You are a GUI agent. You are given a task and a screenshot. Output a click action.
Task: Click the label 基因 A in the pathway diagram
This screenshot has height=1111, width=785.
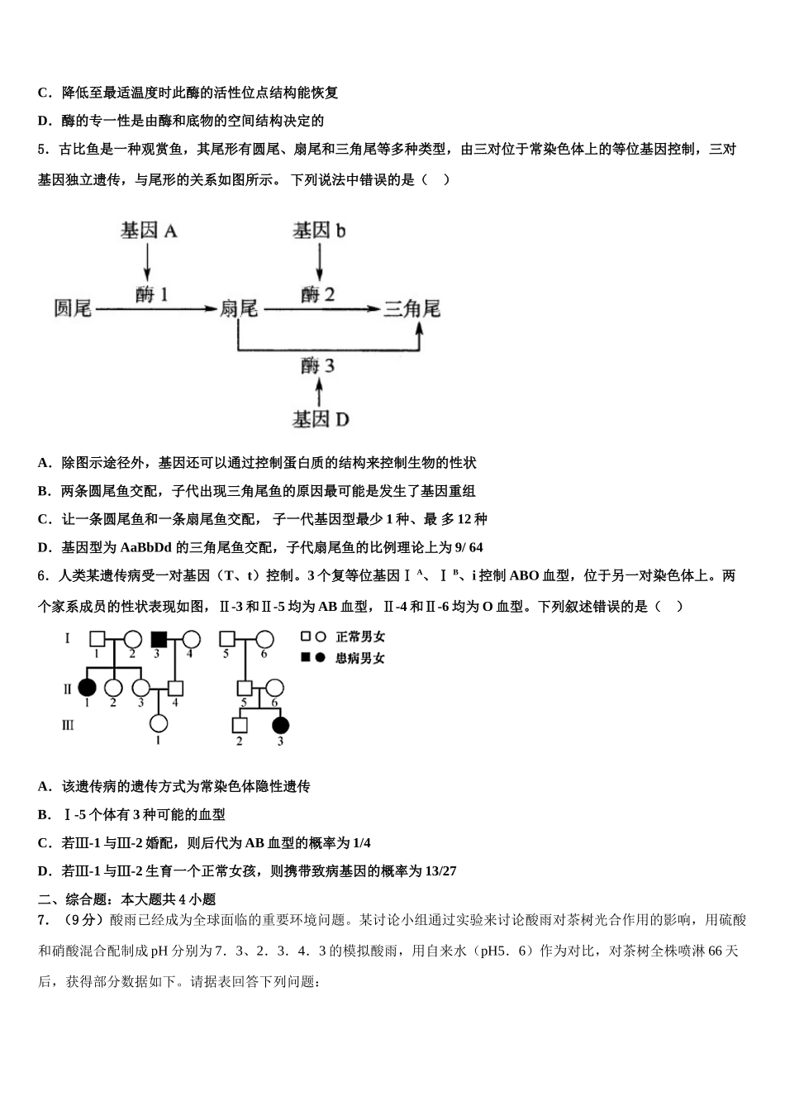(149, 231)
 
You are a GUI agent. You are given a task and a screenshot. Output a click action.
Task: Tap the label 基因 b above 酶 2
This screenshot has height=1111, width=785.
(319, 231)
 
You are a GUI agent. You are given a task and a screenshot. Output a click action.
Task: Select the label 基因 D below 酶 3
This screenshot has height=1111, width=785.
(320, 419)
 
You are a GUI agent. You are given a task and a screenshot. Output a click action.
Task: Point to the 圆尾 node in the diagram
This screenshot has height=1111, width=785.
(73, 308)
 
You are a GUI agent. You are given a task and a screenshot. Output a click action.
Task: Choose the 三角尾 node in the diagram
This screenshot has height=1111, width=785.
(411, 308)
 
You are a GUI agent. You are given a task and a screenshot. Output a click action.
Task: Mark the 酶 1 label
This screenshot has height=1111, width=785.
(152, 293)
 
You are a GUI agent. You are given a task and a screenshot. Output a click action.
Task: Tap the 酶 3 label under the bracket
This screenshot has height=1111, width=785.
(318, 365)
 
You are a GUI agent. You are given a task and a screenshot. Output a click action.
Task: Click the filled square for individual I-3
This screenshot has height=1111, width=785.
(159, 639)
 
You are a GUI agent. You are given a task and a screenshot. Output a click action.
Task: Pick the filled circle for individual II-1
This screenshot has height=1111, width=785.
(88, 688)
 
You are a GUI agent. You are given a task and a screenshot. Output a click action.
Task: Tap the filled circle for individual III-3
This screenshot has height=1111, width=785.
(280, 725)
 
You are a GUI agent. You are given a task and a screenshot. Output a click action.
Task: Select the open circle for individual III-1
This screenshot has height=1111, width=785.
(158, 724)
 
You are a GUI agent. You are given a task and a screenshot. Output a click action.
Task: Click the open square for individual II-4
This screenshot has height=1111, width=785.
(174, 688)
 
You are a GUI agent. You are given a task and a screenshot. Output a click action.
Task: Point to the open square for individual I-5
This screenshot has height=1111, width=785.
(226, 639)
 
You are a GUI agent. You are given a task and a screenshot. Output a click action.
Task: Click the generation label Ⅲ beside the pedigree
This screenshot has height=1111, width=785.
(68, 725)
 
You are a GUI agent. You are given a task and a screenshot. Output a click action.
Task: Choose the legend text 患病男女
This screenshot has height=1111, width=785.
(359, 658)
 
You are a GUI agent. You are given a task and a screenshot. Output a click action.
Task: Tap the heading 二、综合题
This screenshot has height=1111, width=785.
(68, 899)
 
